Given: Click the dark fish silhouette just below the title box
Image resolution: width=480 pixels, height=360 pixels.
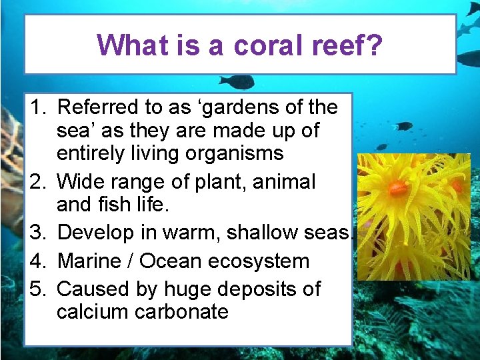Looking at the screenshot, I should click(x=238, y=82).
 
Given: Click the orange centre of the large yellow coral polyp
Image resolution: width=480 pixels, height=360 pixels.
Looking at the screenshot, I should click(x=398, y=189).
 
